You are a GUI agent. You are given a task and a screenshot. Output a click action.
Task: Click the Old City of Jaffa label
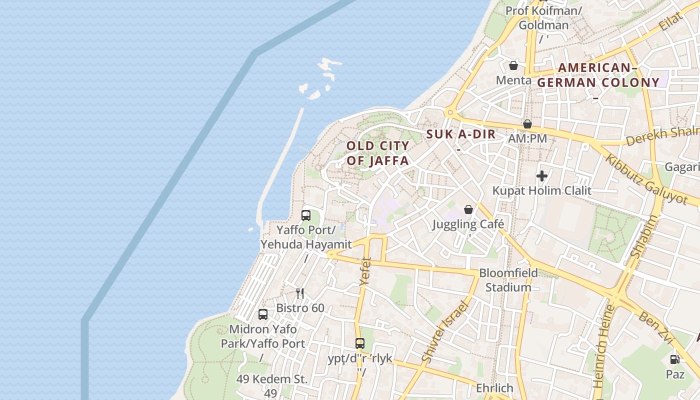tap(378, 153)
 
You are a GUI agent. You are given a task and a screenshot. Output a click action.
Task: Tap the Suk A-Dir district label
tap(461, 134)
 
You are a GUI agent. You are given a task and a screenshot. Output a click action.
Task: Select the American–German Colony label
tap(598, 75)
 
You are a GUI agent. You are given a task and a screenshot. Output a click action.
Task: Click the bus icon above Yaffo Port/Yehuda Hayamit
tap(306, 215)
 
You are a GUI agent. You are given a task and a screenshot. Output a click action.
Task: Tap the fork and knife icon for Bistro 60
tap(300, 293)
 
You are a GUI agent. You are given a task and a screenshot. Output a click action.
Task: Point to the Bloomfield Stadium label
tap(508, 280)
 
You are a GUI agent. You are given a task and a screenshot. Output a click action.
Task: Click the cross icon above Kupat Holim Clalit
tap(542, 176)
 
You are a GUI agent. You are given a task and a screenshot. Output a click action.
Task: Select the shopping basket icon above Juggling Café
tap(468, 209)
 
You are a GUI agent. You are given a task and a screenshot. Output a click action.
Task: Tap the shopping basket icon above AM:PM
tap(527, 124)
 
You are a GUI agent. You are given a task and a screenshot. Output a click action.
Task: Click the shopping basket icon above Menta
tap(513, 65)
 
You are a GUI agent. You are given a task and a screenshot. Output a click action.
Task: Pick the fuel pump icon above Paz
tap(674, 359)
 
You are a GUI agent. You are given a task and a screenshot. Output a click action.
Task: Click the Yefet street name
tap(366, 271)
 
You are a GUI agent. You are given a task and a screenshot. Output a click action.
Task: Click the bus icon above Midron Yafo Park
tap(263, 314)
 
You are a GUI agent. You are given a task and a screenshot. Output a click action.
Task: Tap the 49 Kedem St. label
tap(272, 379)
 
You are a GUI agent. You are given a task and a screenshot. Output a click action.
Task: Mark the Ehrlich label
tap(494, 388)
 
